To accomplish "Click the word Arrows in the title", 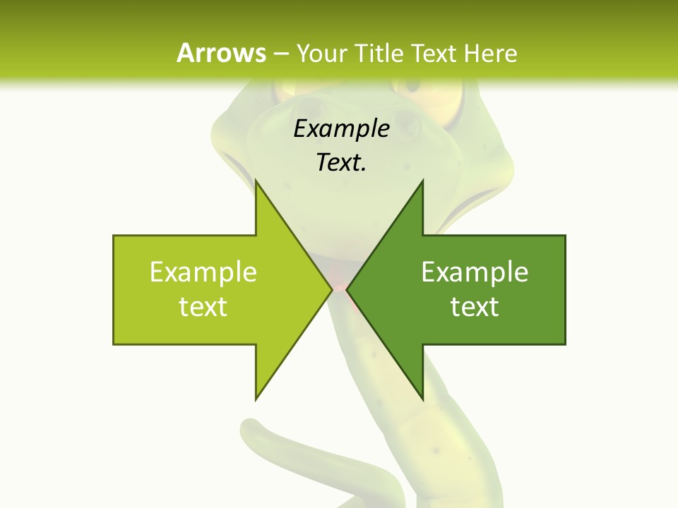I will tap(221, 53).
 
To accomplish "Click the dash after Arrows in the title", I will tap(281, 54).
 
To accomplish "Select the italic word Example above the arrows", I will tap(341, 129).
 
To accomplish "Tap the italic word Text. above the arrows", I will tap(341, 162).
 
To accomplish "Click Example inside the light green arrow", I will tap(203, 272).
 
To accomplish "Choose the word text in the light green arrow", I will tap(203, 307).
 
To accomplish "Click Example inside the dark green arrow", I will tap(475, 272).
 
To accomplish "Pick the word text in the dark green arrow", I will tap(475, 307).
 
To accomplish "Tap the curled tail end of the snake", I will tap(250, 430).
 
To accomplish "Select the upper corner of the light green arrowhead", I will tap(256, 181).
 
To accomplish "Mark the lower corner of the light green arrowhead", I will tap(256, 399).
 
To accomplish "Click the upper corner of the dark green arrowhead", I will tap(422, 181).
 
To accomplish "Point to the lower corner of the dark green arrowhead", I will tap(422, 399).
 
